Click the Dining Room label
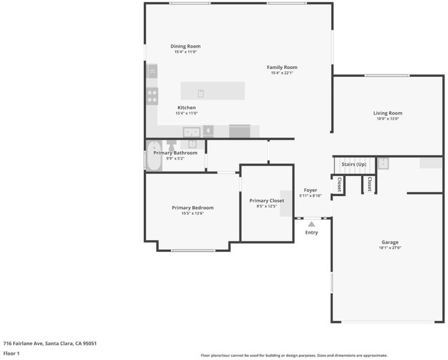pyautogui.click(x=185, y=46)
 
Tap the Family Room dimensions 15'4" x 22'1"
pyautogui.click(x=282, y=73)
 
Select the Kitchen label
pyautogui.click(x=187, y=107)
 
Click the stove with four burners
pyautogui.click(x=152, y=96)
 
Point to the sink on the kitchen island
pyautogui.click(x=200, y=93)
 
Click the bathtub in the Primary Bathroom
pyautogui.click(x=154, y=155)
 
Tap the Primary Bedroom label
pyautogui.click(x=193, y=208)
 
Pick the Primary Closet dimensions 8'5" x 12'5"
pyautogui.click(x=266, y=206)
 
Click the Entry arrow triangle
pyautogui.click(x=311, y=224)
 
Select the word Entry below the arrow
pyautogui.click(x=311, y=232)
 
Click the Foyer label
pyautogui.click(x=310, y=190)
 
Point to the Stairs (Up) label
pyautogui.click(x=354, y=164)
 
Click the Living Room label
pyautogui.click(x=387, y=113)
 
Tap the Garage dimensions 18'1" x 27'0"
pyautogui.click(x=390, y=248)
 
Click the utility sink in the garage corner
pyautogui.click(x=383, y=164)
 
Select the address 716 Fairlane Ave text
pyautogui.click(x=23, y=343)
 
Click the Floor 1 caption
pyautogui.click(x=11, y=353)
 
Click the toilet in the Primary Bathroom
pyautogui.click(x=172, y=145)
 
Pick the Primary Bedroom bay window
pyautogui.click(x=193, y=250)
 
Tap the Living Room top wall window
pyautogui.click(x=387, y=76)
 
